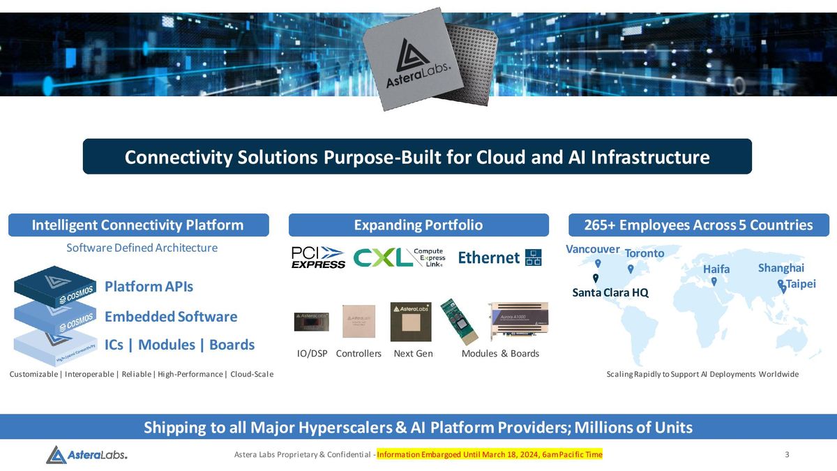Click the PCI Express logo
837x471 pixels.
318,257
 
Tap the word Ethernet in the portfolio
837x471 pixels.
488,257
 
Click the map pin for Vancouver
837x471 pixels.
598,264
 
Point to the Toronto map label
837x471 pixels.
644,253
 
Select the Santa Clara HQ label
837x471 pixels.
610,293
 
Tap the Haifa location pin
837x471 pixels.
714,282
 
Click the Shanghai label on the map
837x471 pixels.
781,268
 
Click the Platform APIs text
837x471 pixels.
149,287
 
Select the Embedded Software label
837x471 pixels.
171,317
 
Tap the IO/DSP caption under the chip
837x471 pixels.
312,354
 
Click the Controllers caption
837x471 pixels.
359,354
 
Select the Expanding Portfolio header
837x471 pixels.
418,225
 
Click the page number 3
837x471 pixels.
787,455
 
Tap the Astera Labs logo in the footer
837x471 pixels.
86,455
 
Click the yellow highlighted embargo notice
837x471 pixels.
489,455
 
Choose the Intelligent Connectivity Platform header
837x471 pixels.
138,225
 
